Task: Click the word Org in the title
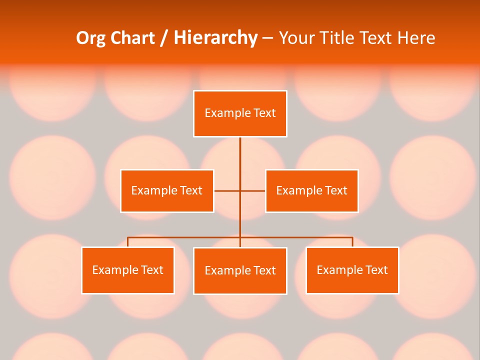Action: [91, 38]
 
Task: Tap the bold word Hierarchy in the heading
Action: [215, 38]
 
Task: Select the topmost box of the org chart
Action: [240, 113]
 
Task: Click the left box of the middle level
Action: [167, 191]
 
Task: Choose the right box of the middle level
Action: [311, 191]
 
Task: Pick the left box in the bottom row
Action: [128, 270]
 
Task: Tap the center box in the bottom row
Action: [240, 271]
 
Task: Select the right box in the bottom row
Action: [352, 270]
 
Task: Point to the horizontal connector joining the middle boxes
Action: [227, 191]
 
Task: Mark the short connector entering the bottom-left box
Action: [128, 242]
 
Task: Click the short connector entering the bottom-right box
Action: [352, 242]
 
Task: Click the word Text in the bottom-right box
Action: [376, 270]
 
